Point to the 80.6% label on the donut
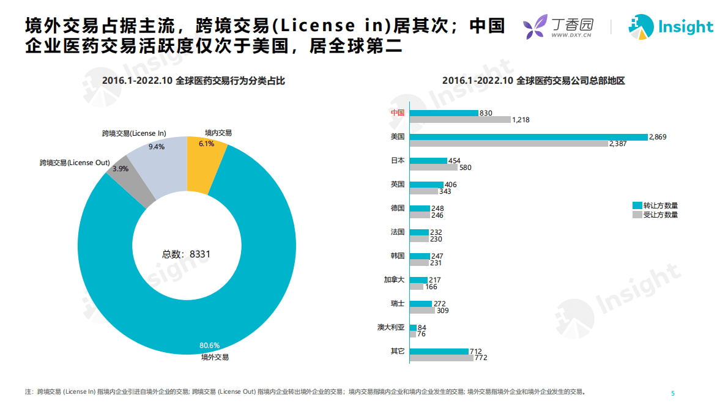point(209,345)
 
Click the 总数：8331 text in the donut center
point(186,254)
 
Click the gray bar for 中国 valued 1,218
point(459,120)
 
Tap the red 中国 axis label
point(398,112)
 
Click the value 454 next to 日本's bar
point(455,161)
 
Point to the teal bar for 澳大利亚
point(413,328)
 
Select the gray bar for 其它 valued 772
point(441,358)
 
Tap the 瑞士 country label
point(398,304)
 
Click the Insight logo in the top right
point(670,28)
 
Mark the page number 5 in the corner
point(672,392)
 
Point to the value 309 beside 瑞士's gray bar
point(443,311)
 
